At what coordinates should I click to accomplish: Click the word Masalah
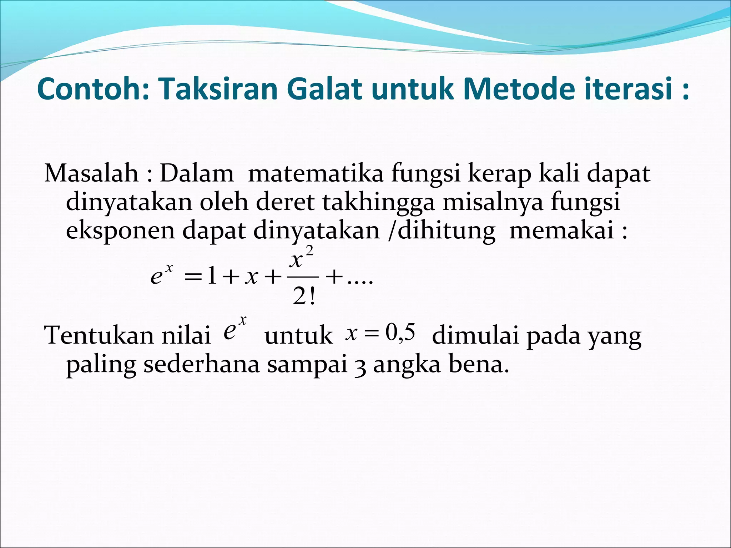point(91,174)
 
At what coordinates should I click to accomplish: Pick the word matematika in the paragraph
point(316,174)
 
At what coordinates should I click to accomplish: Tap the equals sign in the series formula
point(192,277)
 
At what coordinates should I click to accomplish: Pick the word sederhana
point(202,365)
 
